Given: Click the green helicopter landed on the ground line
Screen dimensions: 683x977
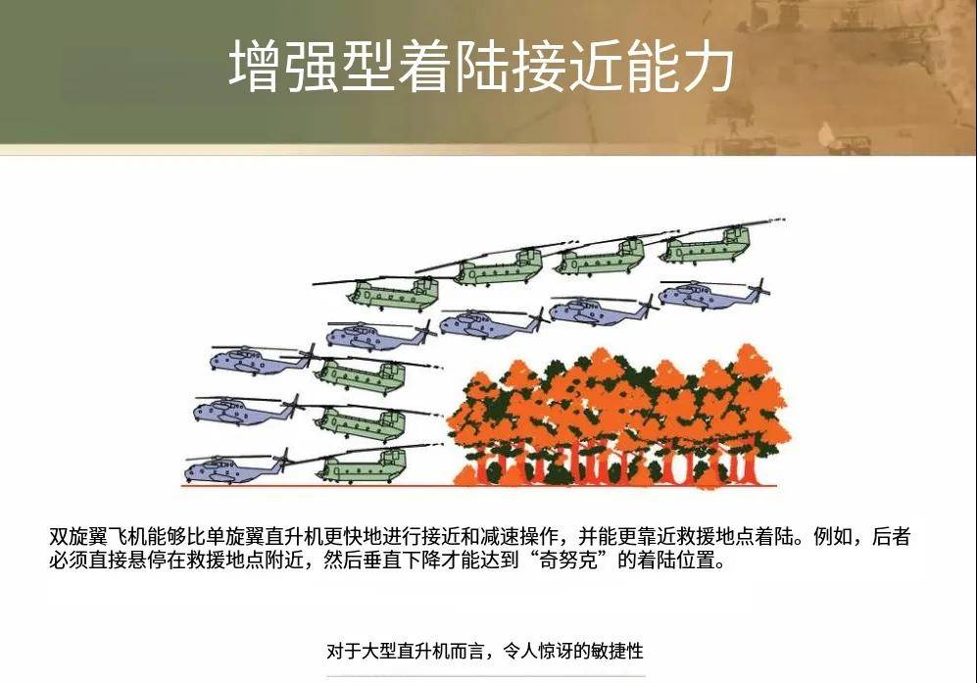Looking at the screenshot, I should tap(362, 465).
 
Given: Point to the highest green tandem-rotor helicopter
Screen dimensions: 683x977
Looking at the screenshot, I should tap(705, 243).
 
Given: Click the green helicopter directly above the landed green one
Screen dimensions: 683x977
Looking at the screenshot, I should tap(362, 421).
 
